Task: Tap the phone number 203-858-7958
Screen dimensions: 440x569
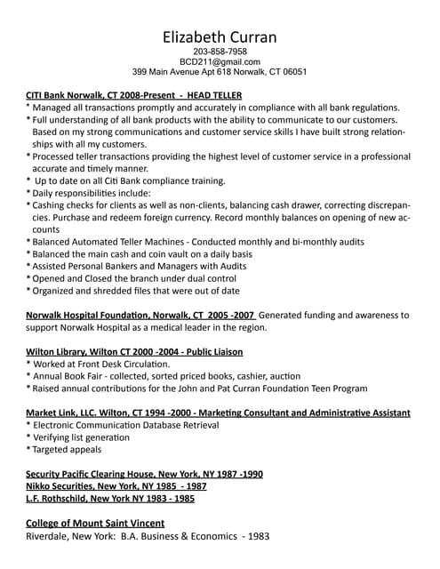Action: click(220, 52)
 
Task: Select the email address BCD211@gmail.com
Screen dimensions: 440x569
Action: click(220, 62)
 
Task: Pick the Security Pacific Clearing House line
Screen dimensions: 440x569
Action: click(144, 474)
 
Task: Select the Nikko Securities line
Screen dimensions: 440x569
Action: click(116, 486)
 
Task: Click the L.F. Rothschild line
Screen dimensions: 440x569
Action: click(110, 499)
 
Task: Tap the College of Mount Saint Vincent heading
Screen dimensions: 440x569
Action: click(95, 523)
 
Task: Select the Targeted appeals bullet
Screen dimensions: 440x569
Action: click(68, 450)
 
